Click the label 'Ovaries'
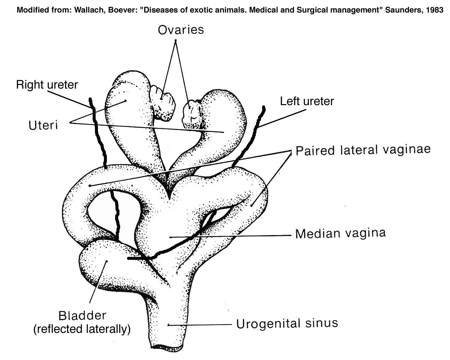pyautogui.click(x=181, y=30)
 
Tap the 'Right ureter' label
pyautogui.click(x=47, y=85)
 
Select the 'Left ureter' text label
pyautogui.click(x=307, y=101)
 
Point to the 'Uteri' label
pyautogui.click(x=43, y=125)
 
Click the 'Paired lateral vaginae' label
pyautogui.click(x=363, y=150)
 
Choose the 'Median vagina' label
pyautogui.click(x=340, y=233)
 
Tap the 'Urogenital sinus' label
pyautogui.click(x=287, y=323)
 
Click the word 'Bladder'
pyautogui.click(x=82, y=315)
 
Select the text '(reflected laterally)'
pyautogui.click(x=82, y=329)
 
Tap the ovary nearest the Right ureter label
pyautogui.click(x=162, y=98)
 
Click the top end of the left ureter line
pyautogui.click(x=264, y=107)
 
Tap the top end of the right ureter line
pyautogui.click(x=90, y=99)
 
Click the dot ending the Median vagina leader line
pyautogui.click(x=170, y=237)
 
